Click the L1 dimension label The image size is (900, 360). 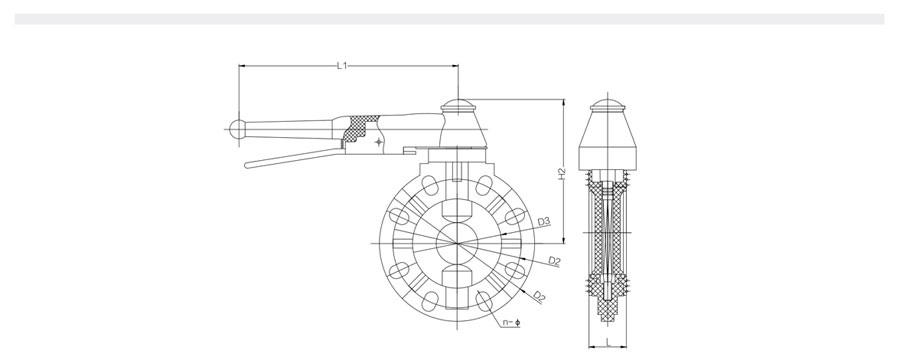(x=342, y=65)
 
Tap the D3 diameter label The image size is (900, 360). (x=544, y=221)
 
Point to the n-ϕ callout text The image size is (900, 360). (x=511, y=323)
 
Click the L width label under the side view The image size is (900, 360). (x=608, y=343)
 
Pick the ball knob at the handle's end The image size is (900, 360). (x=237, y=129)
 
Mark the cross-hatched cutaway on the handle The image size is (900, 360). (x=359, y=129)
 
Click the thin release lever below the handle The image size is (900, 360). (x=293, y=157)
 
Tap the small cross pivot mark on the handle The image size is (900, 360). (x=378, y=141)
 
